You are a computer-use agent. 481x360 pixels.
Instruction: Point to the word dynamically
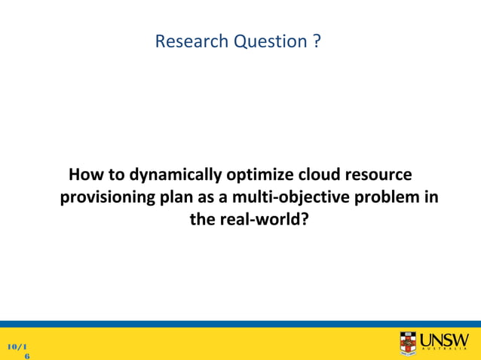158,175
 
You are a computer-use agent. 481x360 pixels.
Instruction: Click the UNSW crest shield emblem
408,343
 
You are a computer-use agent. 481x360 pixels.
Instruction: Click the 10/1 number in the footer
18,346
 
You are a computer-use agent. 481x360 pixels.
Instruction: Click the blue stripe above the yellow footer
240,324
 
